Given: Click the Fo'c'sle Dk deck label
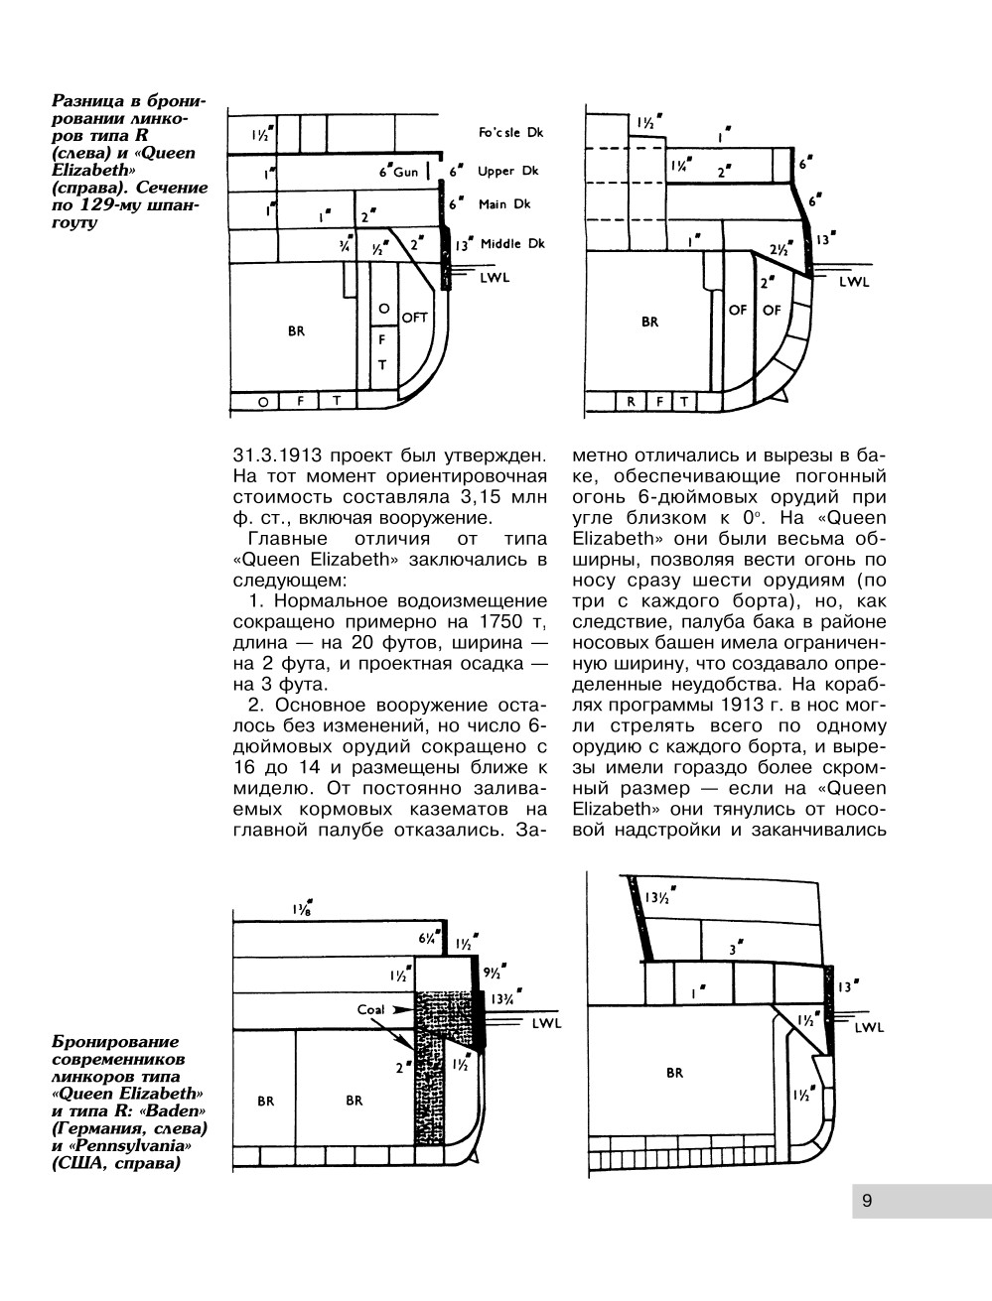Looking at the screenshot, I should [510, 133].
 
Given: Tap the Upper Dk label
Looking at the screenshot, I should [507, 171].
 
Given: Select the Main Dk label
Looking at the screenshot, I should [504, 204].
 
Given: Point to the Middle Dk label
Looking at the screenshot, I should [513, 244].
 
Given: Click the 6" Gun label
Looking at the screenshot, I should [399, 171].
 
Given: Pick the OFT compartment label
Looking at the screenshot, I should [413, 318].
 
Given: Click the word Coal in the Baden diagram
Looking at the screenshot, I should [371, 1009].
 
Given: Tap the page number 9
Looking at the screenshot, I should [867, 1201].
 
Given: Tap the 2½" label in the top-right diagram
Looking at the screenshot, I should [780, 249].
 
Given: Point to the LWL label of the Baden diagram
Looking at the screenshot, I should [547, 1023].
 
